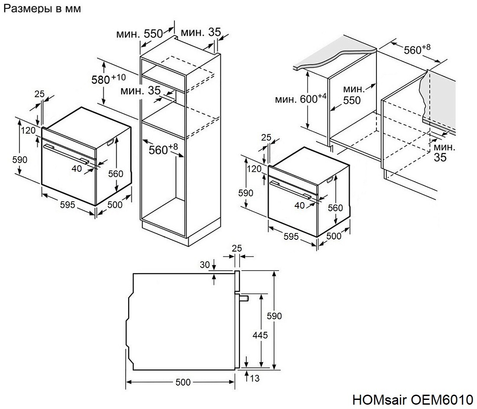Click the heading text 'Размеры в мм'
click(42, 9)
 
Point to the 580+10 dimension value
click(108, 79)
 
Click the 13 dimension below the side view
click(255, 379)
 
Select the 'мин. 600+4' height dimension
click(301, 99)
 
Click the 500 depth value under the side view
click(183, 382)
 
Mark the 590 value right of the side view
click(274, 316)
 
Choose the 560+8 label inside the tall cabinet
click(163, 149)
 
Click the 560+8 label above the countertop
click(417, 49)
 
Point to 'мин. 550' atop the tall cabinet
click(139, 33)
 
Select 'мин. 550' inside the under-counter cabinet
click(352, 95)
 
